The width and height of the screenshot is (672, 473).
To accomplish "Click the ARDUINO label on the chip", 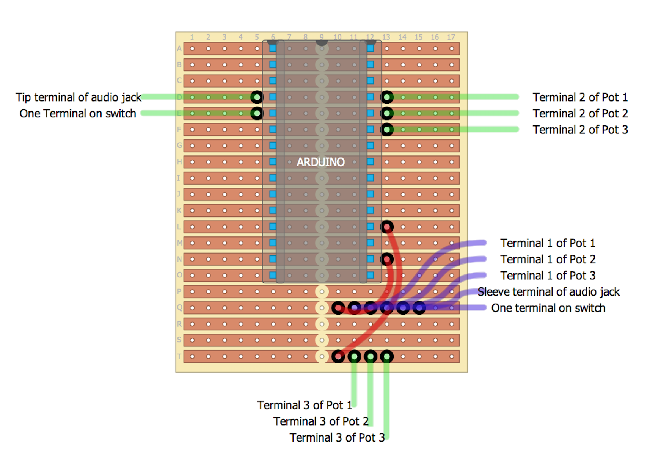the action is click(320, 162).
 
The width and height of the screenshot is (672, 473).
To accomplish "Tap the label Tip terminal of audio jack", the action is click(78, 97).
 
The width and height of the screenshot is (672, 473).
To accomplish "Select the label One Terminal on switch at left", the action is click(78, 114).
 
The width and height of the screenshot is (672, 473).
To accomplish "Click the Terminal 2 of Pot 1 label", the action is click(580, 97).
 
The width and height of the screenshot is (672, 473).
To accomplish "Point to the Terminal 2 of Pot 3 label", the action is click(580, 130).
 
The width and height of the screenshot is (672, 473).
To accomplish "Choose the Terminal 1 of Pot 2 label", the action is click(548, 260).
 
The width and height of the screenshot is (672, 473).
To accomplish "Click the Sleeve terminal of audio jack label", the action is click(548, 292).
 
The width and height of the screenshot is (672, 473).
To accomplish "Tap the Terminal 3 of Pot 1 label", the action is click(305, 406).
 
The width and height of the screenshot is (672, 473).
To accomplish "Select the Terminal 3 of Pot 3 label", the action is click(337, 438).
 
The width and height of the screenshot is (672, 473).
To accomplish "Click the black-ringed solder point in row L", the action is click(387, 227).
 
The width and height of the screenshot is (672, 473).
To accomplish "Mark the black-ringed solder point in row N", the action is click(387, 259).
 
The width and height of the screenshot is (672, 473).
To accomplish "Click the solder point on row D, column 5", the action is click(257, 97).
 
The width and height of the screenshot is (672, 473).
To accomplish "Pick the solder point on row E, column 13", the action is click(387, 113).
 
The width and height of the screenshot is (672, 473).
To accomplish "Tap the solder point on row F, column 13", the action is click(387, 130).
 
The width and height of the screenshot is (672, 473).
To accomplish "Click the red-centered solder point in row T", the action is click(338, 357).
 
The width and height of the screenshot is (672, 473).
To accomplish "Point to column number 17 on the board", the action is click(451, 37).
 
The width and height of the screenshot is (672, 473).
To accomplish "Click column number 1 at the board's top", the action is click(192, 37).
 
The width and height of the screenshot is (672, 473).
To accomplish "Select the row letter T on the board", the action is click(179, 356).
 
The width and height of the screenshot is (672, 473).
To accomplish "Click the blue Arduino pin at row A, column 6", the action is click(273, 48).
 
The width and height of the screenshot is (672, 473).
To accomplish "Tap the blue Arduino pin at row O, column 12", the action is click(371, 275).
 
